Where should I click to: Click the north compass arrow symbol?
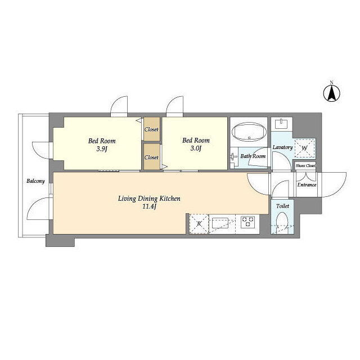tap(332, 93)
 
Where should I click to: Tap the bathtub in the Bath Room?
tap(249, 133)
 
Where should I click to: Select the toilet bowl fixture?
tap(282, 220)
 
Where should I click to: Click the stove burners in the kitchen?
tap(247, 222)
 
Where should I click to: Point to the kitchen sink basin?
tap(220, 223)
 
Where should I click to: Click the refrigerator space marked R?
tap(199, 224)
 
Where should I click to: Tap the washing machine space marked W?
tap(305, 148)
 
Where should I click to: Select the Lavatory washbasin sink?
tap(281, 124)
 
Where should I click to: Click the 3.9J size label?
tap(102, 149)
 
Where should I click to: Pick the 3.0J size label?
tap(196, 148)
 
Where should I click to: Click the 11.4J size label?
tap(149, 206)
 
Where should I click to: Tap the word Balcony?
tap(35, 181)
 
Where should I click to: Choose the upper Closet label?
tap(151, 129)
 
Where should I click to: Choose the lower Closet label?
tap(151, 157)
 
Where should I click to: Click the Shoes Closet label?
tap(305, 165)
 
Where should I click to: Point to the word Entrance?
tap(307, 185)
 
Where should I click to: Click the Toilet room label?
tap(282, 206)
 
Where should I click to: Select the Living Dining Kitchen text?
tap(149, 199)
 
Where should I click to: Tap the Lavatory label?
tap(282, 147)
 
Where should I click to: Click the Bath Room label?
tap(253, 156)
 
